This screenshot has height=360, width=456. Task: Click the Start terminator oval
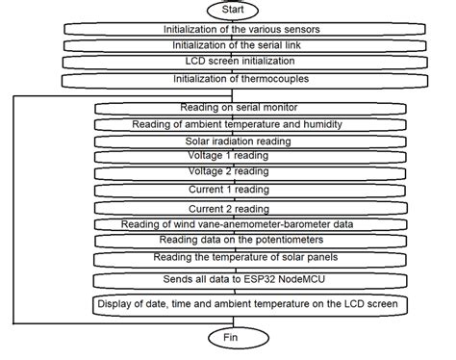pyautogui.click(x=241, y=9)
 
